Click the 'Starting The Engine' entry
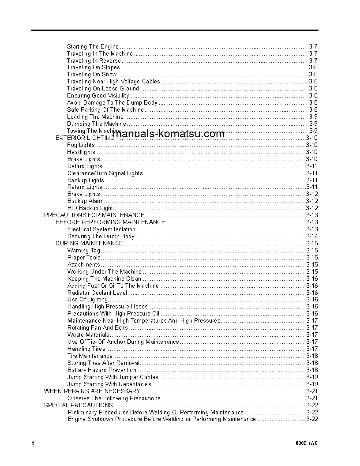coord(93,46)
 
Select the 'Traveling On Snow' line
coord(92,75)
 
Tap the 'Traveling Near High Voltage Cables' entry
coord(113,82)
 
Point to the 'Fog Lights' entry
coord(81,145)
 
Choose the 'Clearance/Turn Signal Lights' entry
coord(105,173)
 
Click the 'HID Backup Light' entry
coord(90,208)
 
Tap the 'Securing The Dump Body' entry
coord(101,237)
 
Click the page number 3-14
coord(312,237)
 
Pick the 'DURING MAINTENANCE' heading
coord(89,243)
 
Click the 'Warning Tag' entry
coord(84,251)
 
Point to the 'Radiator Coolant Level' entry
coord(97,293)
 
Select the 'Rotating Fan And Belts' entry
coord(97,328)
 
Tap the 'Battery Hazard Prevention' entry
coord(101,370)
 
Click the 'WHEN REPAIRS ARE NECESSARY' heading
coord(92,391)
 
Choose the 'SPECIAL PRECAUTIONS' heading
coord(79,405)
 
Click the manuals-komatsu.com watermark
coord(169,134)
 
